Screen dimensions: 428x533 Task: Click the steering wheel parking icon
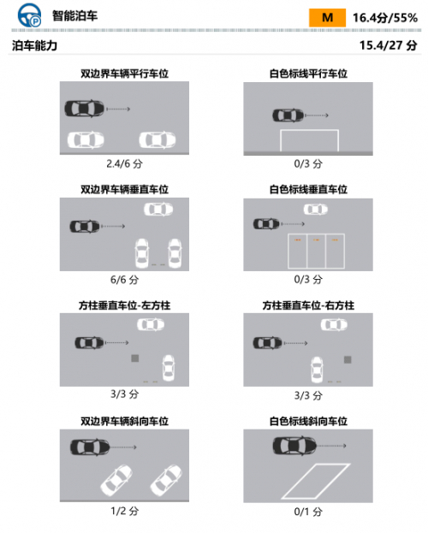(30, 15)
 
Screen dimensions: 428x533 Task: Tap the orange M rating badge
(327, 18)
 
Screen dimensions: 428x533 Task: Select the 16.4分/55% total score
(385, 18)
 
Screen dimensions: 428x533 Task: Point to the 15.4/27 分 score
(388, 44)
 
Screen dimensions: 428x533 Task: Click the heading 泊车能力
(35, 45)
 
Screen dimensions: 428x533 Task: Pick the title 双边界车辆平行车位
(124, 74)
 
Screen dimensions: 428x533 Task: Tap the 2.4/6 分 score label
(124, 164)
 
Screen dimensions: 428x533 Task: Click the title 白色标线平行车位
(308, 74)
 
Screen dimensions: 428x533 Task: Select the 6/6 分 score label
(124, 280)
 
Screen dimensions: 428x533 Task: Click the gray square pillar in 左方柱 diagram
(135, 358)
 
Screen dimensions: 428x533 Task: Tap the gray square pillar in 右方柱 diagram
(348, 359)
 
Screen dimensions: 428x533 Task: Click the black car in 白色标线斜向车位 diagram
(294, 446)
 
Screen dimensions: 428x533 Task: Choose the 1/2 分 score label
(124, 511)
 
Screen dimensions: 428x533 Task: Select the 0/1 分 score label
(308, 512)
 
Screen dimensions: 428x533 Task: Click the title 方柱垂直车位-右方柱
(308, 305)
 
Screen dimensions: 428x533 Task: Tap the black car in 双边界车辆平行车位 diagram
(85, 109)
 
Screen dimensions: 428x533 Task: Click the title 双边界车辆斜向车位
(124, 421)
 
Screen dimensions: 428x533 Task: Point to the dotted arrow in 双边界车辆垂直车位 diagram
(113, 226)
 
